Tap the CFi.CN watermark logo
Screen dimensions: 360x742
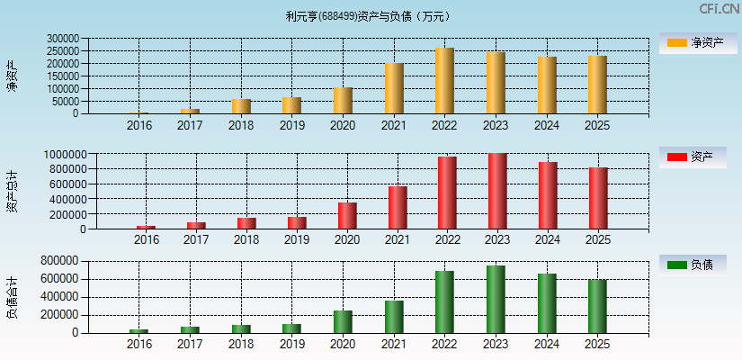[x=719, y=9]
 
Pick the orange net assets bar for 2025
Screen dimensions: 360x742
[x=596, y=85]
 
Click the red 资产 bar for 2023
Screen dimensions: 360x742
[x=497, y=191]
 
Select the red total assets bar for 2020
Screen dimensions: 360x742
[x=347, y=215]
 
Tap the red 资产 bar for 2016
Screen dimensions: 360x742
[x=146, y=227]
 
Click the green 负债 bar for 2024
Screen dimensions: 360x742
[x=547, y=303]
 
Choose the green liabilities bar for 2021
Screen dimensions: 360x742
[x=394, y=317]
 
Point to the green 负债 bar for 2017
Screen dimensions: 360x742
[x=190, y=329]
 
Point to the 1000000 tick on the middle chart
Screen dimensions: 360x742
[x=66, y=155]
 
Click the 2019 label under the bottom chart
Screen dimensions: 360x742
[x=291, y=345]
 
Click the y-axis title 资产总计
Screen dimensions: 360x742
[x=13, y=193]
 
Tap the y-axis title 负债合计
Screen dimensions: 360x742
[x=13, y=298]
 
